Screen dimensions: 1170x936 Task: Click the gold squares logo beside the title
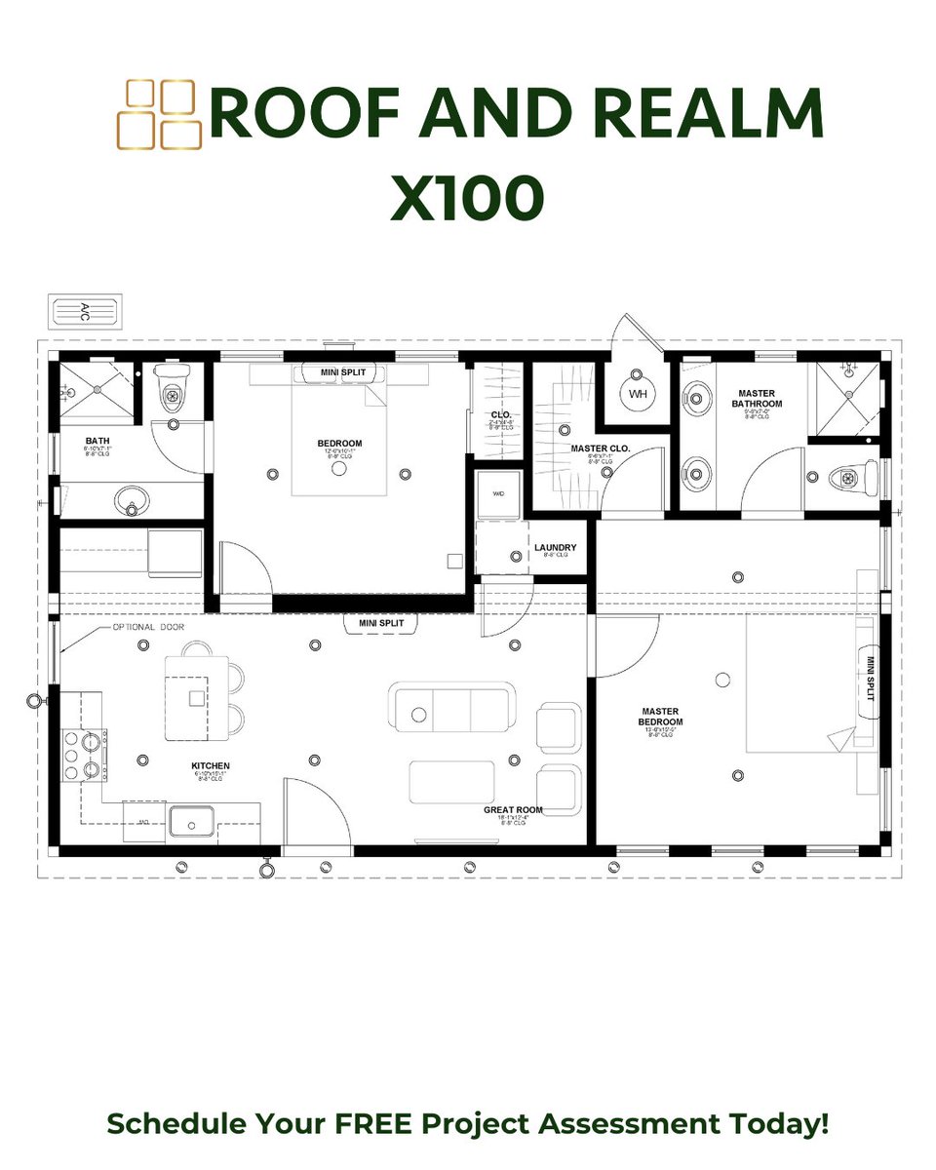click(158, 115)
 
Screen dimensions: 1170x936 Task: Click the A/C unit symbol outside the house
click(85, 312)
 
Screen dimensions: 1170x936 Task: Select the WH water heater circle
click(638, 394)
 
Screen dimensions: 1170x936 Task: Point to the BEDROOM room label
click(339, 444)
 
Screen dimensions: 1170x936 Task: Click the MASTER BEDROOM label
click(661, 717)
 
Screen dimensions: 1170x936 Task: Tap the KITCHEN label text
click(211, 766)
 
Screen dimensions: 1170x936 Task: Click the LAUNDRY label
click(555, 548)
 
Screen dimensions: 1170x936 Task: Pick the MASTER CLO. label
click(601, 448)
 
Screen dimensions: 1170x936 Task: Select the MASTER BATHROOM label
click(759, 398)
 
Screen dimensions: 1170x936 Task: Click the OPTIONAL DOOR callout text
click(148, 627)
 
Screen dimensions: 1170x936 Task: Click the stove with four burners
click(85, 755)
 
